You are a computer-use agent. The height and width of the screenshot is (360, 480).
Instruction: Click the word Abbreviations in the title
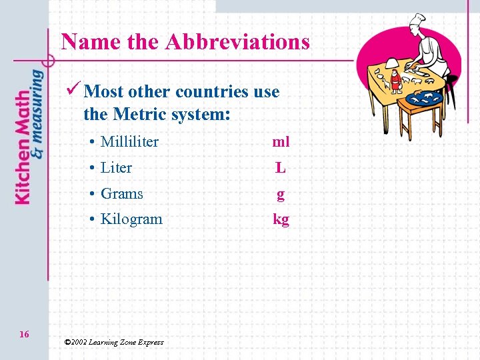coord(237,42)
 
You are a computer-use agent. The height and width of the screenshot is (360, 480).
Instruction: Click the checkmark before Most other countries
coord(75,90)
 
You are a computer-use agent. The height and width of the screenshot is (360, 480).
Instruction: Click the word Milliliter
coord(129,141)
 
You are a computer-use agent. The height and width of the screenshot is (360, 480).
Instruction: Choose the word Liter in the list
coord(116,167)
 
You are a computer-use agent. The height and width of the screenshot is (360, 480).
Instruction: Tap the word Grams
coord(121,193)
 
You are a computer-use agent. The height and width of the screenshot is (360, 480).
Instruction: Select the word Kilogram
coord(131,219)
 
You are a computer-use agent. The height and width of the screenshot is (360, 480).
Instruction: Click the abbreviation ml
coord(281,141)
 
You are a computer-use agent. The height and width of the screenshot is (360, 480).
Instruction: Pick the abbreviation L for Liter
coord(281,168)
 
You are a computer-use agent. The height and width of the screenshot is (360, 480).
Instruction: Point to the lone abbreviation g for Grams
coord(281,194)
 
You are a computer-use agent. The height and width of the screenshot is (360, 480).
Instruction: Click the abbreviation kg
coord(281,219)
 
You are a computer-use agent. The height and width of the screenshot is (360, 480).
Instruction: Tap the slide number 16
coord(24,334)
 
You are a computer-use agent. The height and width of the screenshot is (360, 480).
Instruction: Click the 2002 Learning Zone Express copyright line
coord(113,342)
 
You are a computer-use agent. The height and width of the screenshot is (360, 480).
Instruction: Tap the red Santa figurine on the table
coord(396,79)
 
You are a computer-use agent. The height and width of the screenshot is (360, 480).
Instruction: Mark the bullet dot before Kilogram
coord(91,219)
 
